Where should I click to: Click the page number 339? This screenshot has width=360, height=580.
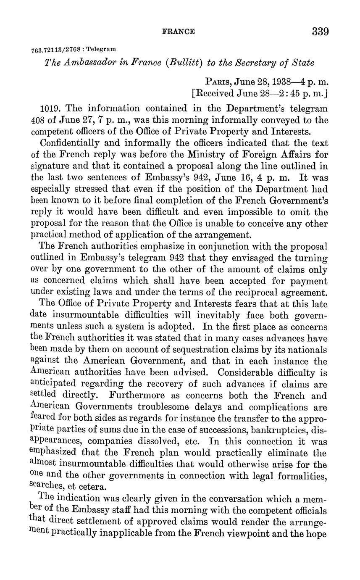[320, 32]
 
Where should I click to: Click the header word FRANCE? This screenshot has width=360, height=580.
[179, 32]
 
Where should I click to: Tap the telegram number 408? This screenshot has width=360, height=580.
[39, 120]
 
